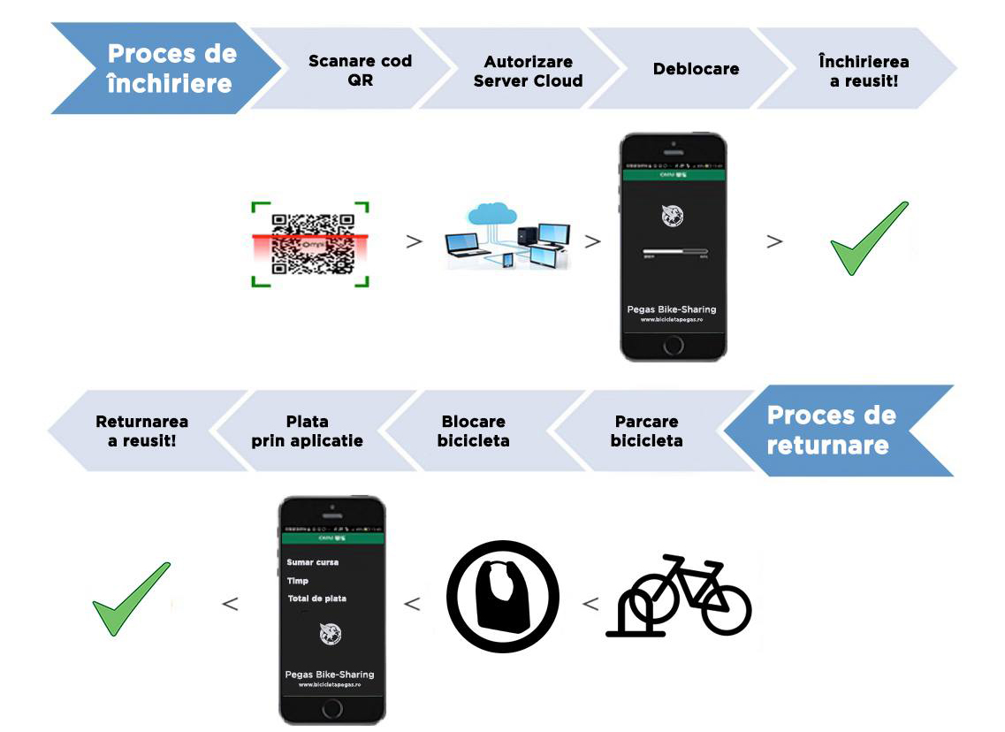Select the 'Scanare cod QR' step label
click(360, 71)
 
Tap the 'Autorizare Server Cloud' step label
click(528, 71)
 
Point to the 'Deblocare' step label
click(696, 69)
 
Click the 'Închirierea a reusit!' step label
click(864, 71)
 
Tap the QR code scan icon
click(309, 244)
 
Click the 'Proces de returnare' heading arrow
click(831, 431)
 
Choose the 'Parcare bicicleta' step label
click(646, 431)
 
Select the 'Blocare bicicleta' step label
click(473, 431)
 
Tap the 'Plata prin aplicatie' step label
click(307, 431)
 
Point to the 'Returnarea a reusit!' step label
click(141, 431)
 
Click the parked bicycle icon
click(679, 596)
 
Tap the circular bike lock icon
click(502, 597)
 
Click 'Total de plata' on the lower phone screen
click(316, 599)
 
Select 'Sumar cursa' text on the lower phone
click(313, 562)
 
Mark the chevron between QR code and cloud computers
click(413, 241)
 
